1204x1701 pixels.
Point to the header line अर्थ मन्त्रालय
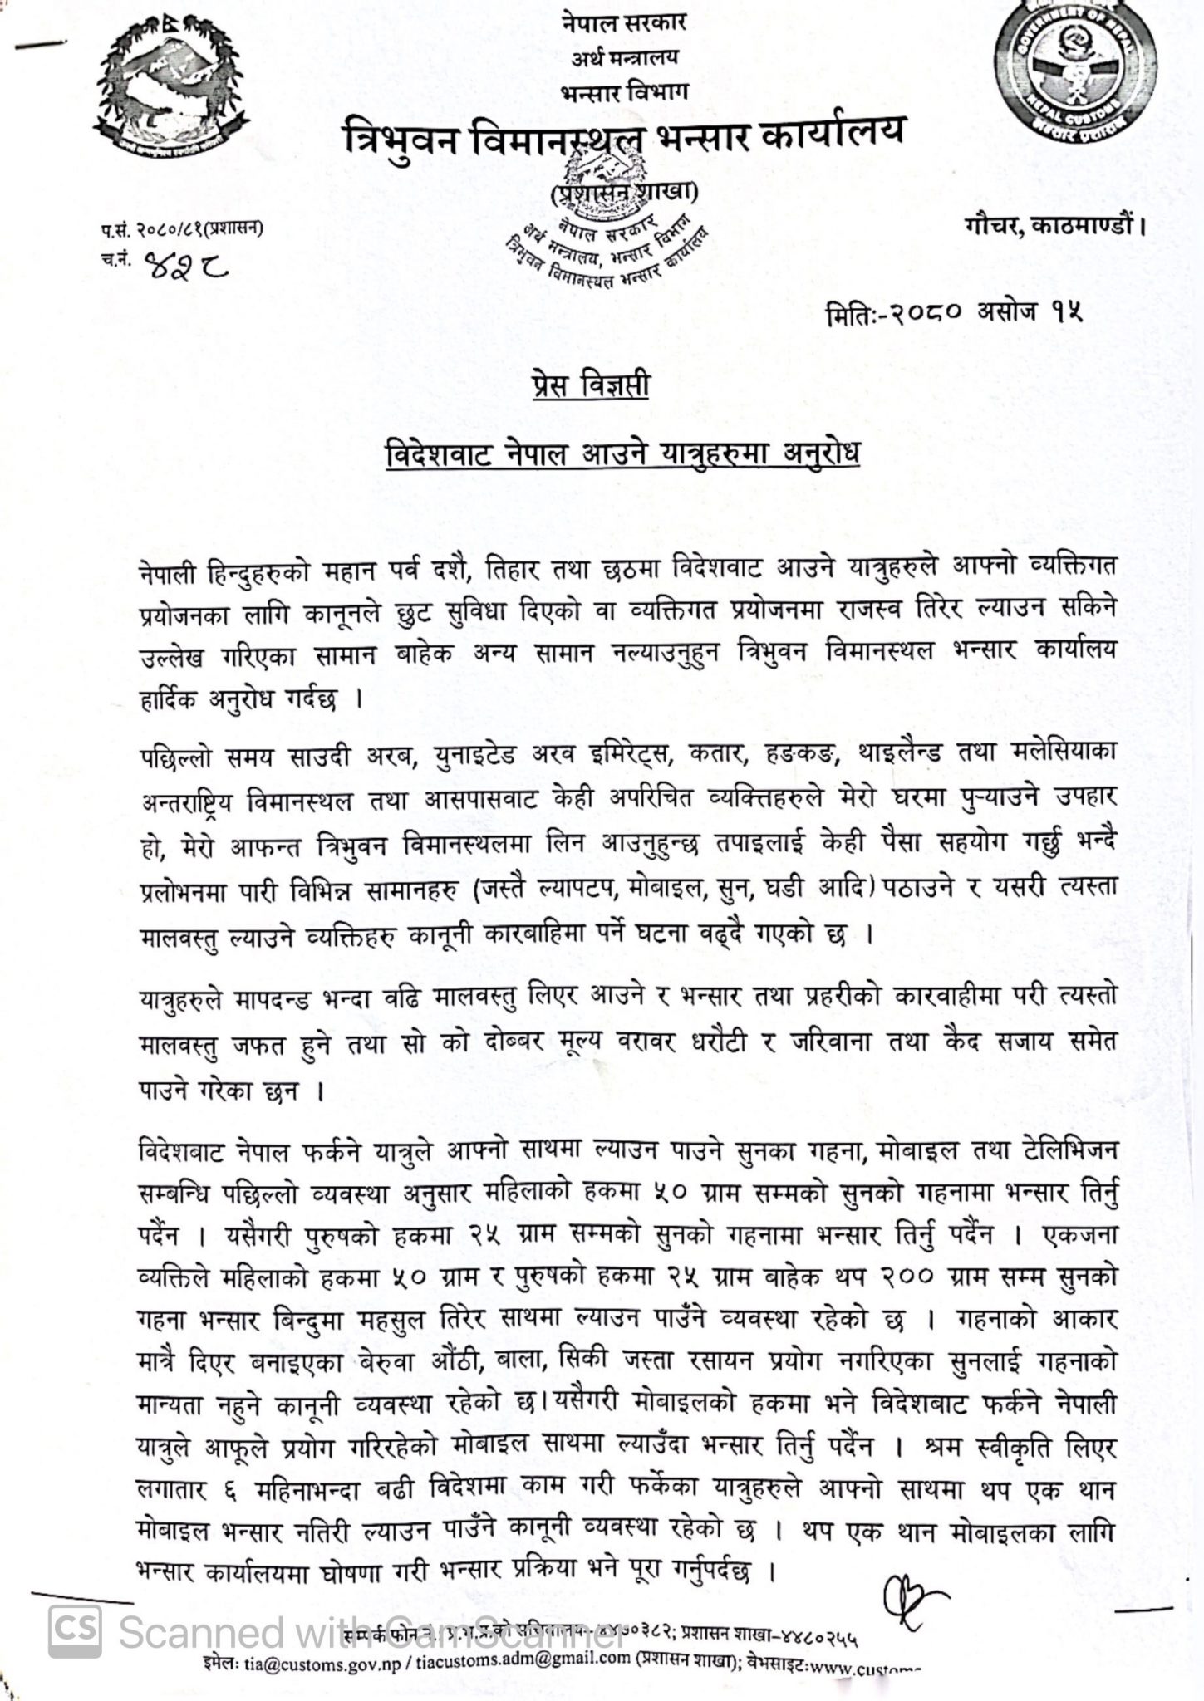624,57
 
